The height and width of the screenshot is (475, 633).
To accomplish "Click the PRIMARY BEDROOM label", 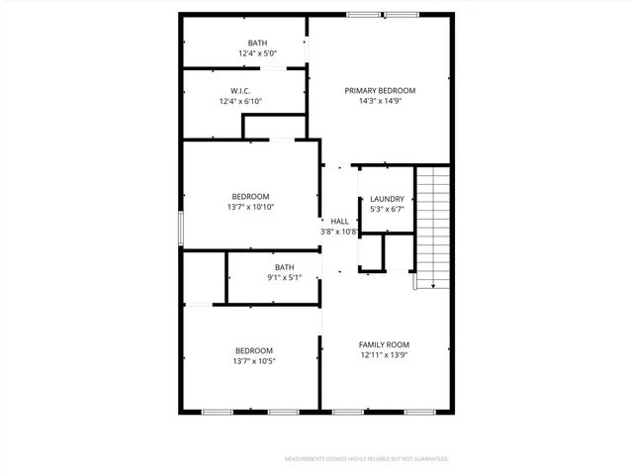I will pos(380,90).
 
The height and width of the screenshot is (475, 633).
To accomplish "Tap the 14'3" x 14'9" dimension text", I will pos(380,101).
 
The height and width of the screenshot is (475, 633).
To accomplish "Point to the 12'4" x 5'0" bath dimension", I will pos(258,53).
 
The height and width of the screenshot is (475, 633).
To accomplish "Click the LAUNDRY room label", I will pos(387,199).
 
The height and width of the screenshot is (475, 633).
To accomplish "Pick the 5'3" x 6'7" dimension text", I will pos(387,210).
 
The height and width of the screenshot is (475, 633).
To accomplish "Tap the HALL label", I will pos(339,221).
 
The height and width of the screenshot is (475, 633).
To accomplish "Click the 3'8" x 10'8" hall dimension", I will pos(339,232).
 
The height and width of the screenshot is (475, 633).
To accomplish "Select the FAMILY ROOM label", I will pos(384,344).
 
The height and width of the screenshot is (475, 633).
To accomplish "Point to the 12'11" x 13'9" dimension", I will pos(384,355).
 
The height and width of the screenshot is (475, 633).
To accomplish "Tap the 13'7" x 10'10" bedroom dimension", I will pos(251,207).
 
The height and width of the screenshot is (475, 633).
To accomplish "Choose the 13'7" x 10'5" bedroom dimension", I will pos(254,361).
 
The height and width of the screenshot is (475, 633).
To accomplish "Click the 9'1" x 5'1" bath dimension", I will pos(285,278).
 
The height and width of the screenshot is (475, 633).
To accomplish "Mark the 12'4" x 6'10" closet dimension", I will pos(240,101).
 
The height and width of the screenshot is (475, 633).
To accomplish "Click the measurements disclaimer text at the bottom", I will pos(366,459).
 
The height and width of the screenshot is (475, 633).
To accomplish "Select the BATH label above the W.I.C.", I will pos(257,43).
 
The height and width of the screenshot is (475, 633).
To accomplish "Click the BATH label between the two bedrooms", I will pos(285,267).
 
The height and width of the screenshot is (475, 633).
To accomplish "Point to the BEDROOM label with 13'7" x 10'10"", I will pos(251,196).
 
